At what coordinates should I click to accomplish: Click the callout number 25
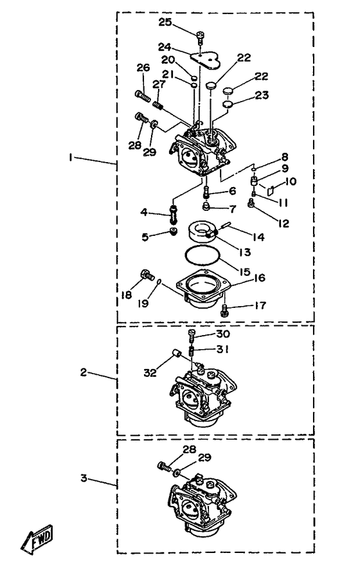165,23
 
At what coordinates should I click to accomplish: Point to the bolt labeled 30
191,335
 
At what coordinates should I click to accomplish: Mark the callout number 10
291,181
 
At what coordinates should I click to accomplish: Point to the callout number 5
145,237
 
